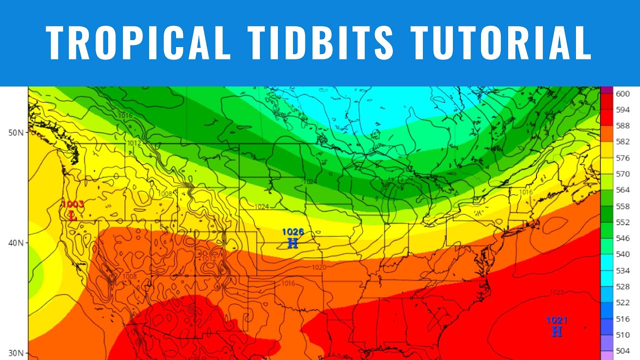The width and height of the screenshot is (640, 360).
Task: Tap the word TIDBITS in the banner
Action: point(320,42)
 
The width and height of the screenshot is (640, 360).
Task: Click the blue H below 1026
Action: point(293,243)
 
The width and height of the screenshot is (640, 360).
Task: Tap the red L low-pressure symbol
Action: point(73,216)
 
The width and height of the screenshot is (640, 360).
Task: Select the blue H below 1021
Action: point(556,331)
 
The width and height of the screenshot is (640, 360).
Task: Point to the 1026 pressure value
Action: point(293,232)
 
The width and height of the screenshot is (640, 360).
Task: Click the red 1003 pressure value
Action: point(73,204)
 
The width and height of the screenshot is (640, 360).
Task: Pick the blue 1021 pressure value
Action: point(556,320)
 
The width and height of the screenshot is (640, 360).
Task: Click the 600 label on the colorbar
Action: point(622,93)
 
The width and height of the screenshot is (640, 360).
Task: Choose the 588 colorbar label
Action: point(622,125)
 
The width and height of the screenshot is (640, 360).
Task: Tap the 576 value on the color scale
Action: point(622,158)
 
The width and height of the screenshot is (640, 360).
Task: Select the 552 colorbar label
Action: point(622,222)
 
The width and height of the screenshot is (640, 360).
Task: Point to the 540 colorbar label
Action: point(622,254)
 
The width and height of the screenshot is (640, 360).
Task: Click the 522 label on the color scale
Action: point(622,302)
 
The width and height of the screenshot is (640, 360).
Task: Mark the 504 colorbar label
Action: point(622,351)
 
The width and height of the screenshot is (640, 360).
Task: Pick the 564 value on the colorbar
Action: point(622,190)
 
